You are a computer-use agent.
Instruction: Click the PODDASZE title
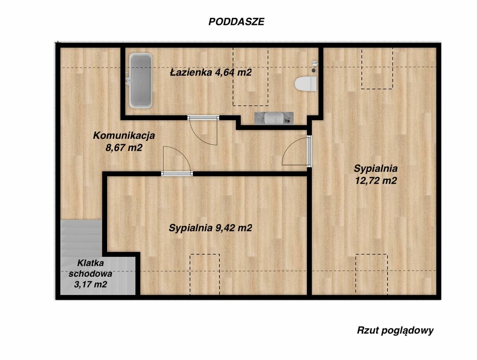[236, 22]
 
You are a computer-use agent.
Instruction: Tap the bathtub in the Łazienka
[141, 81]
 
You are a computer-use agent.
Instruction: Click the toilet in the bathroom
[306, 84]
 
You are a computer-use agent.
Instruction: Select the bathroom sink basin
[274, 118]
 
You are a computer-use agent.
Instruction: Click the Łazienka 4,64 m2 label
[211, 72]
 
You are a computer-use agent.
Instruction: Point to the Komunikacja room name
[124, 135]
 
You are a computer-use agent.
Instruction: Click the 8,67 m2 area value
[124, 148]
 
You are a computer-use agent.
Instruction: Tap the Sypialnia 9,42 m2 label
[211, 228]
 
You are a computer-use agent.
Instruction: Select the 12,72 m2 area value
[376, 180]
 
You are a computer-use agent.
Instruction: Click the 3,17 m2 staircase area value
[91, 284]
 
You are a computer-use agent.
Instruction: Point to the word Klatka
[91, 263]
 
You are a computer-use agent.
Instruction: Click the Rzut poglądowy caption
[395, 331]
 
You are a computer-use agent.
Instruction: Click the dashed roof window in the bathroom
[251, 77]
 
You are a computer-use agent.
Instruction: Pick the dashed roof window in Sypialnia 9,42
[205, 274]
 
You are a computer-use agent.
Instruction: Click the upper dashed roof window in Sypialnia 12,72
[377, 68]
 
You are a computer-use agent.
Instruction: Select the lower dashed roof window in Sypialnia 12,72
[372, 274]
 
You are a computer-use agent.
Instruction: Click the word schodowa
[90, 274]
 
